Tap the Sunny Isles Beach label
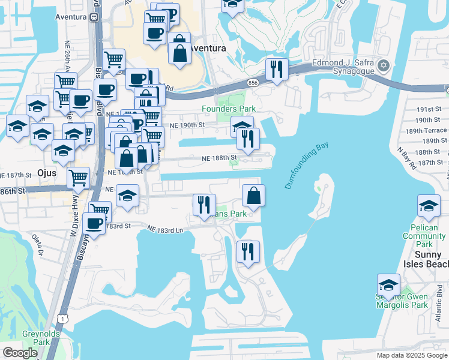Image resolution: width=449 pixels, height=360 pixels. coord(427,259)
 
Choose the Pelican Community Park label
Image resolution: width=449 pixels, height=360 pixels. coord(424,236)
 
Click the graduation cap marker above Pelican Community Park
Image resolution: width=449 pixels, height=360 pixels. coord(428,207)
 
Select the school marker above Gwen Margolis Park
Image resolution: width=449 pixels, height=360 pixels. coord(388,286)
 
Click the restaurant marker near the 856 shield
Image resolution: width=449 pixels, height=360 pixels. coord(277,69)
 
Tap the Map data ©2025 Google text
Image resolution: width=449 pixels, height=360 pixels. coord(411,355)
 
